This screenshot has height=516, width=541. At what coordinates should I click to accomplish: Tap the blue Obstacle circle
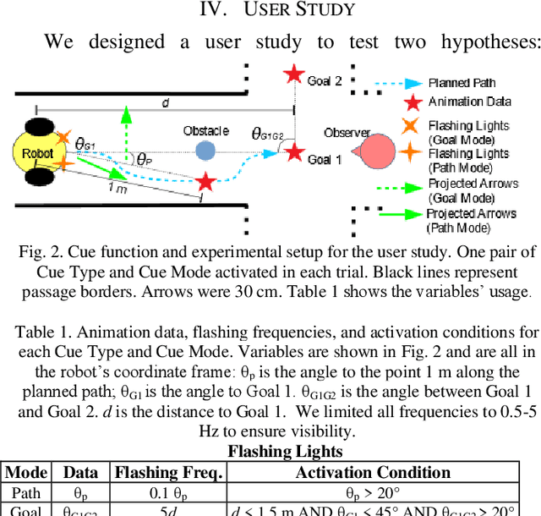point(205,151)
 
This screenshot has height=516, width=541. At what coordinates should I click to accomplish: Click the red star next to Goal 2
point(292,74)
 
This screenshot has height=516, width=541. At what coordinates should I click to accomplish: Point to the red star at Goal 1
point(294,152)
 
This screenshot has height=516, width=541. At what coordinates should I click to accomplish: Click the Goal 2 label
point(325,80)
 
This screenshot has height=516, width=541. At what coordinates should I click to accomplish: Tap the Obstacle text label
point(206,131)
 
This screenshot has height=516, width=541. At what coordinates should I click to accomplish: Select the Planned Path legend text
point(462,84)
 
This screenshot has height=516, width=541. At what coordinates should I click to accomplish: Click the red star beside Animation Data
point(412,103)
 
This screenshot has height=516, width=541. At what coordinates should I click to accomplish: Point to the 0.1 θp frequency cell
point(167,493)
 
